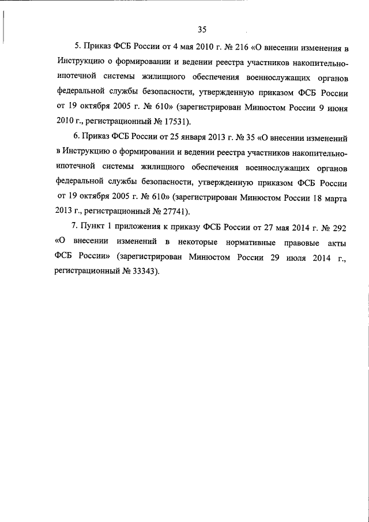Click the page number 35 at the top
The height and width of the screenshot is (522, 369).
click(202, 30)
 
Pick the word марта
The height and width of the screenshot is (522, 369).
click(333, 196)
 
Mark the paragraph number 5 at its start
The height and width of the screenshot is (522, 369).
click(78, 46)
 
